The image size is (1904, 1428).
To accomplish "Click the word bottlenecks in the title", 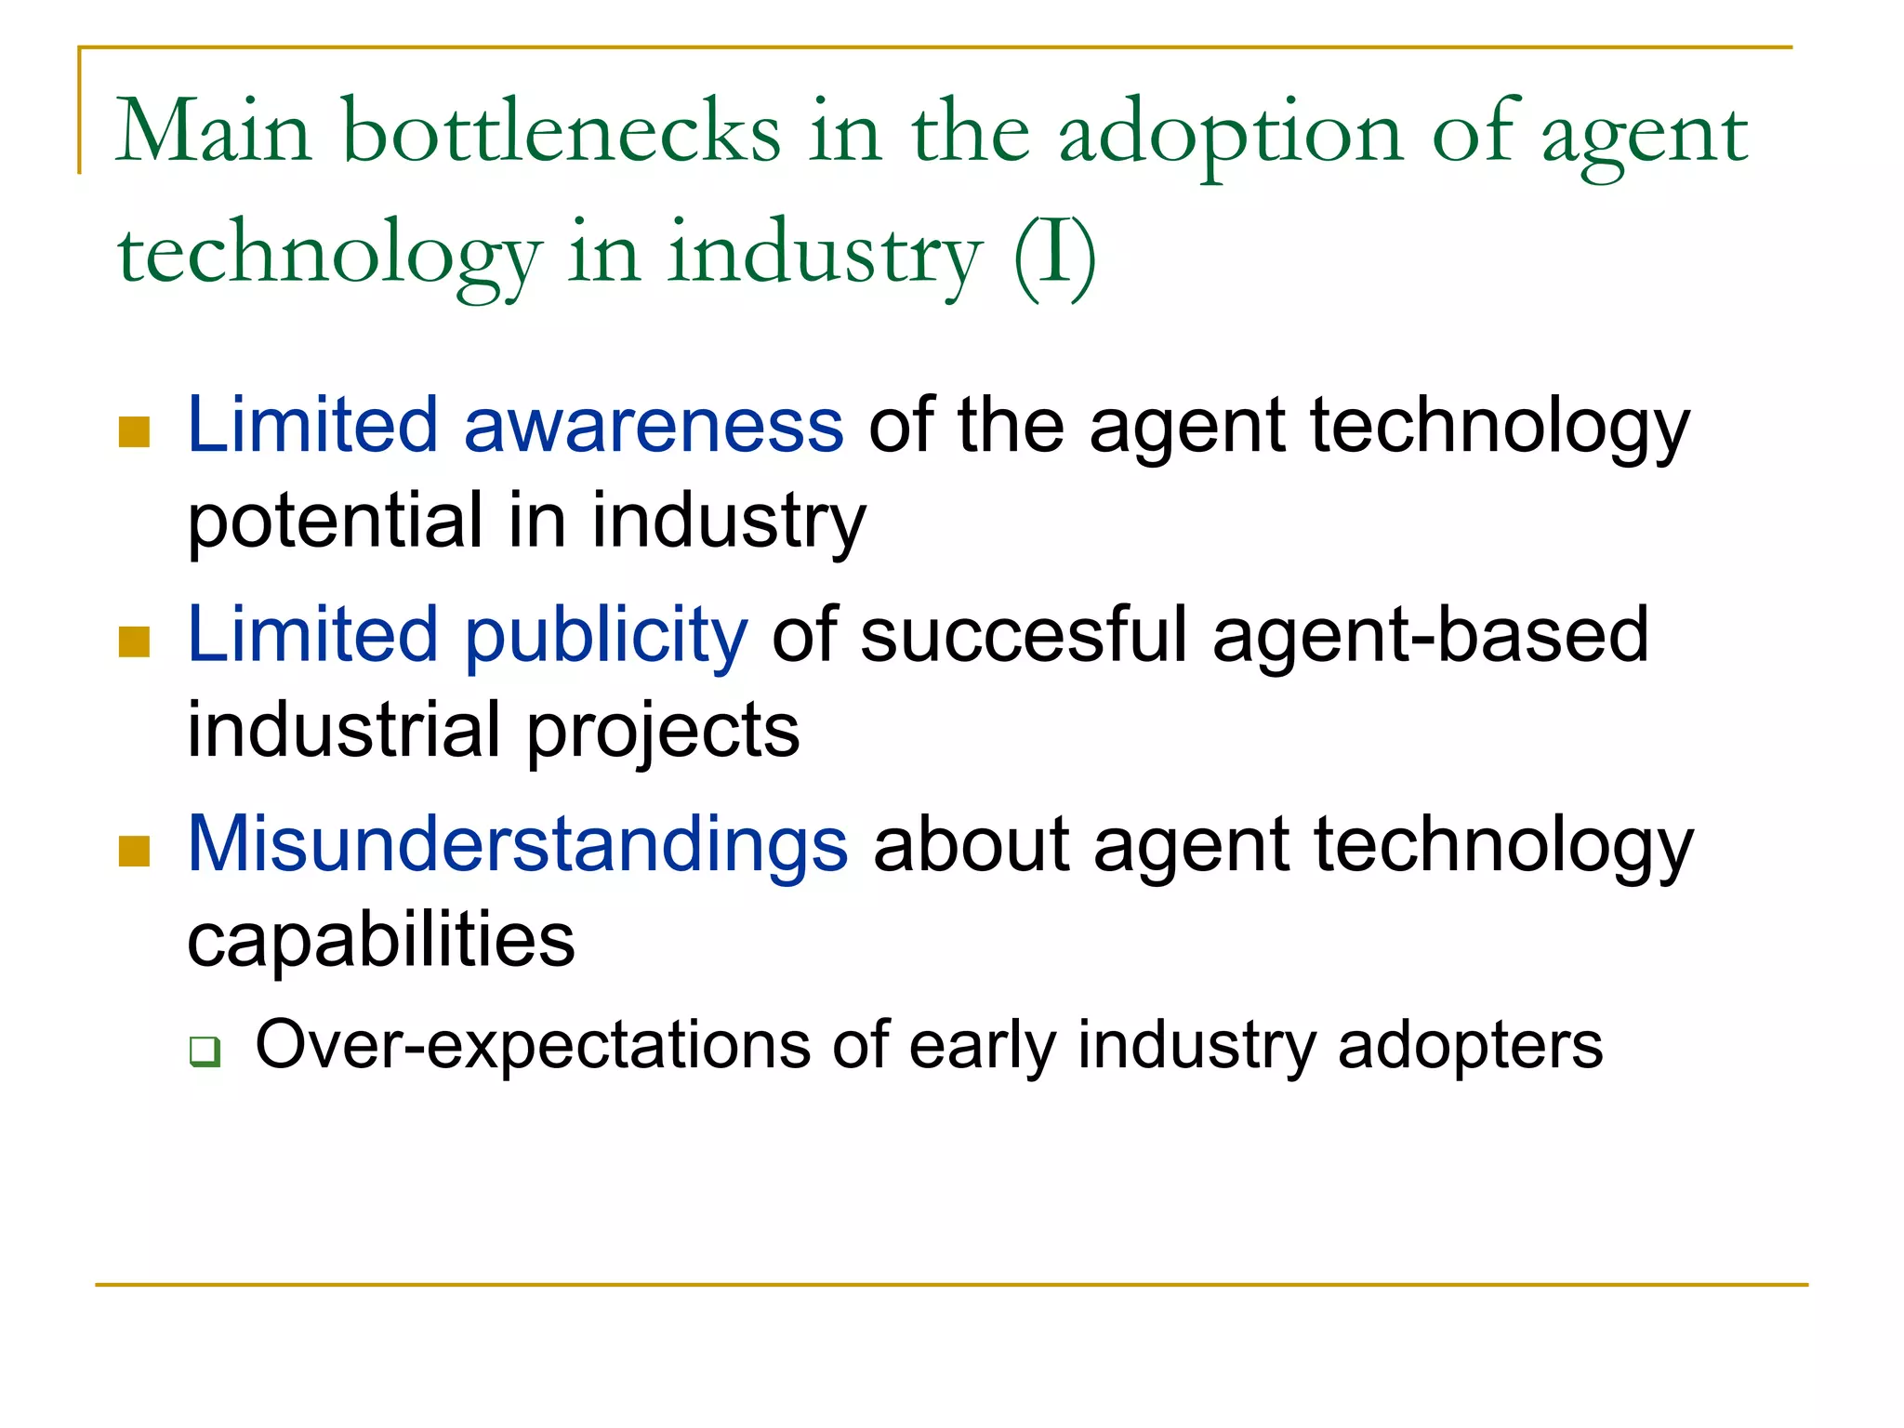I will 562,132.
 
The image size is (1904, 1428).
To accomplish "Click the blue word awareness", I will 654,425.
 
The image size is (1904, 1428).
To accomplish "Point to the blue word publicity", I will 606,635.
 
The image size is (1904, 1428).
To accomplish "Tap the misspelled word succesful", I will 1024,635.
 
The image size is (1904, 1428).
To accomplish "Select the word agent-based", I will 1431,635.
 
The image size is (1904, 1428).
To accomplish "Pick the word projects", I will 663,732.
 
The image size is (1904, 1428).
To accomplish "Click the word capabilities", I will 381,940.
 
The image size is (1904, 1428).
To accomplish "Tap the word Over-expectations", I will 535,1046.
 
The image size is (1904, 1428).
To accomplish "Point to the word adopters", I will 1470,1046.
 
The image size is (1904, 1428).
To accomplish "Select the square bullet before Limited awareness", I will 135,432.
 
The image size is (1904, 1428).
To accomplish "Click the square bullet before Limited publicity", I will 135,641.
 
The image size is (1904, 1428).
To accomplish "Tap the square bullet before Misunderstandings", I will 135,851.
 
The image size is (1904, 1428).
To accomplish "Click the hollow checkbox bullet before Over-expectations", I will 205,1051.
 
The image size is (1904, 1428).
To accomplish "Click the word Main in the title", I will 213,132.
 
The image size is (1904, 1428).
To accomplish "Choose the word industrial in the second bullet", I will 344,730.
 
